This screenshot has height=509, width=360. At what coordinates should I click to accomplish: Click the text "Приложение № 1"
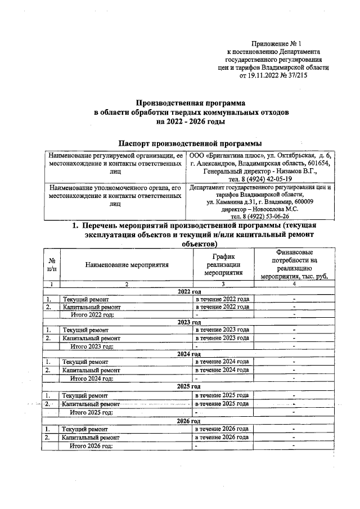point(276,43)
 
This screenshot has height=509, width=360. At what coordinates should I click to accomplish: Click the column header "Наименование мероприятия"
point(127,264)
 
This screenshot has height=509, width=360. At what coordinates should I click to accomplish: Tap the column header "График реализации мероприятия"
point(223,264)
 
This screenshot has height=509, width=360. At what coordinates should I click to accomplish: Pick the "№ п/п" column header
point(52,264)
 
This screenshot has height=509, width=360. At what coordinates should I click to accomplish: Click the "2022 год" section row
point(189,291)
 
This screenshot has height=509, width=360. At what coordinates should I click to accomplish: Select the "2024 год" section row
point(189,354)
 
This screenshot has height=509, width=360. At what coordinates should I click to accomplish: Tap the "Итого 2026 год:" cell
point(91,445)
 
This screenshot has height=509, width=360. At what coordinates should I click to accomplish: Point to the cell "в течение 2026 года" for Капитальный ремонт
point(222,437)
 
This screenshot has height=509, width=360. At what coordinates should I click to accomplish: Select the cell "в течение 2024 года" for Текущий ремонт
point(222,362)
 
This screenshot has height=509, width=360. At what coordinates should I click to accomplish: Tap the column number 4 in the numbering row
point(294,284)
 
